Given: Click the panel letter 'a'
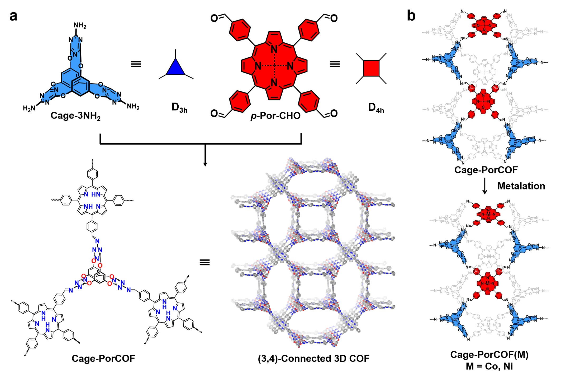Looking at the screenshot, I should click(x=13, y=16).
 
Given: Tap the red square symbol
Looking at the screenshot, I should click(x=371, y=69).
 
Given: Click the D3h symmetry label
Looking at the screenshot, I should click(x=179, y=108).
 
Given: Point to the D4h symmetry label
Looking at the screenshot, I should click(x=376, y=108).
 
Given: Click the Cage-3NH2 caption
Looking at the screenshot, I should click(x=75, y=116).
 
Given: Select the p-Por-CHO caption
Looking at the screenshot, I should click(x=275, y=116).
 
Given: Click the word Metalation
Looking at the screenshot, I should click(x=521, y=186).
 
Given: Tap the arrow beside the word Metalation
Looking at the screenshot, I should click(x=484, y=186).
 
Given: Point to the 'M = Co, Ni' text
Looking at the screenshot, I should click(x=489, y=366).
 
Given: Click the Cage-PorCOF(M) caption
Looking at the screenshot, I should click(x=489, y=355).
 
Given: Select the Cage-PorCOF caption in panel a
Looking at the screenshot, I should click(x=103, y=358).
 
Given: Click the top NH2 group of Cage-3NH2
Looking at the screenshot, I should click(x=80, y=26).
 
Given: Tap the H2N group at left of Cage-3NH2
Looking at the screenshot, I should click(x=29, y=108).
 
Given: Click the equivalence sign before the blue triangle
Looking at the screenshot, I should click(x=136, y=64).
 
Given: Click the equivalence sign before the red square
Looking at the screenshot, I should click(x=335, y=64).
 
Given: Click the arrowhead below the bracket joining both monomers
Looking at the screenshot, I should click(x=205, y=164).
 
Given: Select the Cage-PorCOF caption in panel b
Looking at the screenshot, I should click(x=486, y=170).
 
